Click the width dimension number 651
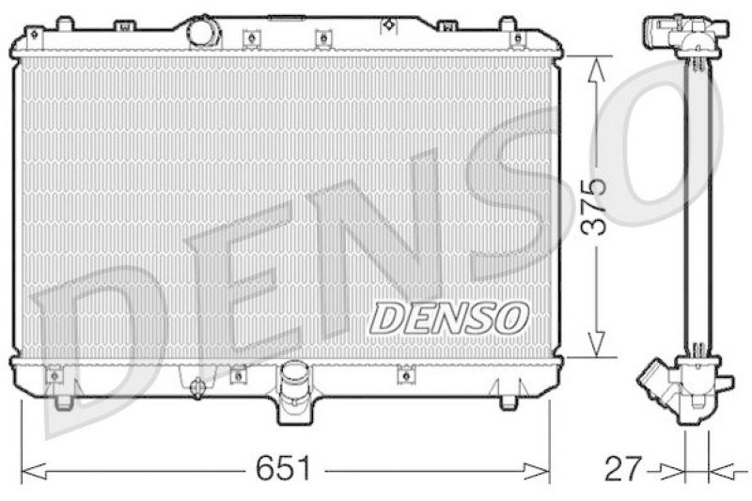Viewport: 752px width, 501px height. (285, 468)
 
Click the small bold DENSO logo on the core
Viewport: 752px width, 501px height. (448, 317)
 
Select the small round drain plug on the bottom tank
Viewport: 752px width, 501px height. (197, 386)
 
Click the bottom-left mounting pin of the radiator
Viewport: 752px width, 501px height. (63, 401)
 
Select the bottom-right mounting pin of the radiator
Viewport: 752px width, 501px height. (508, 401)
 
